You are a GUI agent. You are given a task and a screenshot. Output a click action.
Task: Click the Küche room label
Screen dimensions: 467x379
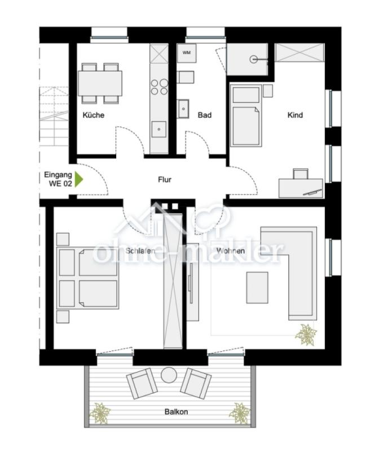93,115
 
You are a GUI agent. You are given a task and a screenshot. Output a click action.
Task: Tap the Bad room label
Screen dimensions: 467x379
204,115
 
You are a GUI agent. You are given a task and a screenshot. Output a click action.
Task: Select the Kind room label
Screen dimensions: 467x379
295,115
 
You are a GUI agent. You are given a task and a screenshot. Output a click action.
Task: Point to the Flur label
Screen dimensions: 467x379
164,180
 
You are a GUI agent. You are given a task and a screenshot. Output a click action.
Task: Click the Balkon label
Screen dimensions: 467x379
176,411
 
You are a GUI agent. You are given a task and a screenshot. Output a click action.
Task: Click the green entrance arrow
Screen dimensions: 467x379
80,179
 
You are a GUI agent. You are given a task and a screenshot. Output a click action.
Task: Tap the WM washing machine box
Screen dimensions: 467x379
186,53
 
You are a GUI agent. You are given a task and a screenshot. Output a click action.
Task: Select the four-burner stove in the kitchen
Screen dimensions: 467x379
159,87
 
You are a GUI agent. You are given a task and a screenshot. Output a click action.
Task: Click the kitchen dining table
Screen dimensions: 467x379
100,83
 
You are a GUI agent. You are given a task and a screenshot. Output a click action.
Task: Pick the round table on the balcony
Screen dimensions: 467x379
169,374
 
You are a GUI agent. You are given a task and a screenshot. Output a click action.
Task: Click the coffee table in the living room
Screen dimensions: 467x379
257,287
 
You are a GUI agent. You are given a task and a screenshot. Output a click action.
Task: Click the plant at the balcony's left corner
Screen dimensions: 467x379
100,413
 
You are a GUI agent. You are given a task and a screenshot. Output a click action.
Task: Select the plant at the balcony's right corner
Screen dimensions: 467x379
240,413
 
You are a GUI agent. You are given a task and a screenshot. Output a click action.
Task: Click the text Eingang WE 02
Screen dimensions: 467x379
58,179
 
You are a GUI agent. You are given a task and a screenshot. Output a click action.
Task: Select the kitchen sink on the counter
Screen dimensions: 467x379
159,129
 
